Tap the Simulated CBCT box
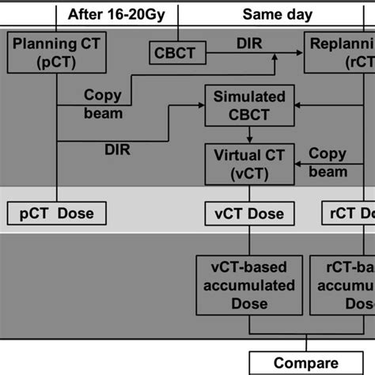(250, 106)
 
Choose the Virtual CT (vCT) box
(248, 163)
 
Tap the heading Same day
(276, 13)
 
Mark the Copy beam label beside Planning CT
(103, 103)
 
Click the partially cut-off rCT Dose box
(348, 214)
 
